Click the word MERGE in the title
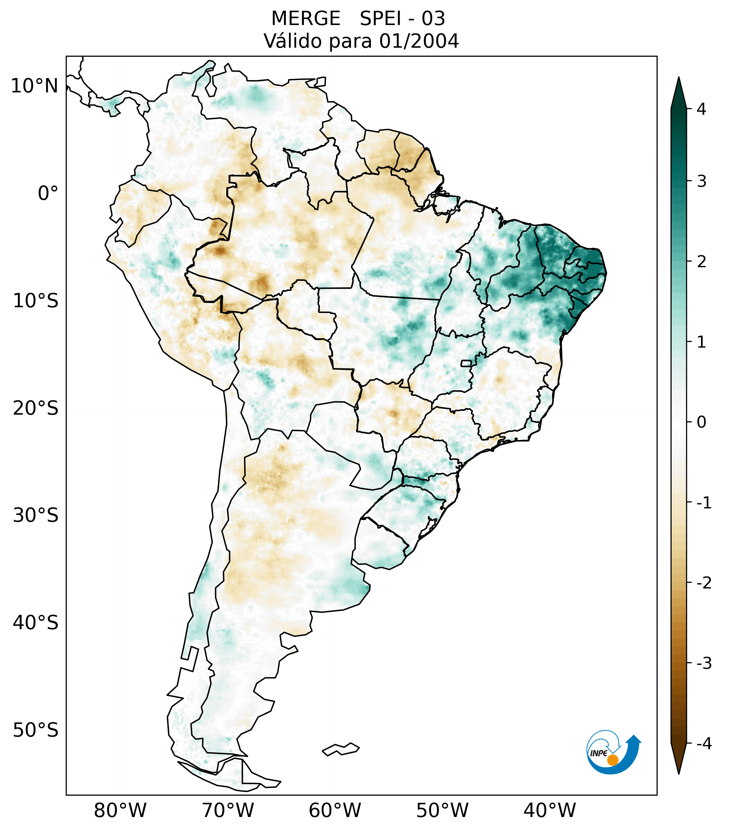pyautogui.click(x=305, y=19)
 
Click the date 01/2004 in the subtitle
pyautogui.click(x=419, y=41)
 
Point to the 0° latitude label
pyautogui.click(x=48, y=193)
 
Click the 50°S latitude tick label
pyautogui.click(x=35, y=731)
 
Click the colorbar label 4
pyautogui.click(x=701, y=109)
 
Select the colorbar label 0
pyautogui.click(x=701, y=422)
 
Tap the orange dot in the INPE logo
pyautogui.click(x=612, y=760)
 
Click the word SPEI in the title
pyautogui.click(x=380, y=19)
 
